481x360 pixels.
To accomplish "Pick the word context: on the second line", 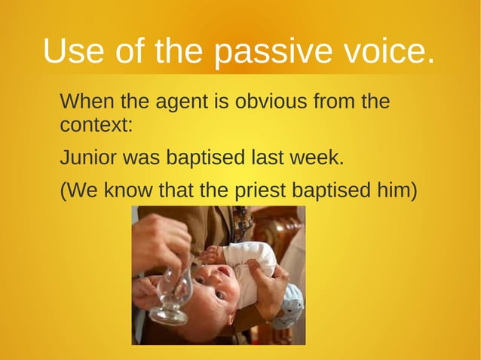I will click(96, 124).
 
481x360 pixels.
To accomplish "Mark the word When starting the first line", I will click(84, 101).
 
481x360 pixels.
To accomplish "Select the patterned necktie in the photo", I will click(242, 222).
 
